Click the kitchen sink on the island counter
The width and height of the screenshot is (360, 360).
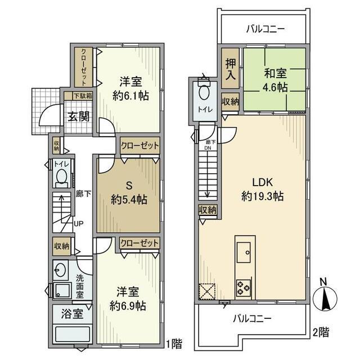click(245, 251)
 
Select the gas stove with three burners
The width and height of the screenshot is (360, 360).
click(244, 287)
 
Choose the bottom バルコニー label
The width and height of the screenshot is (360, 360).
click(252, 318)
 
